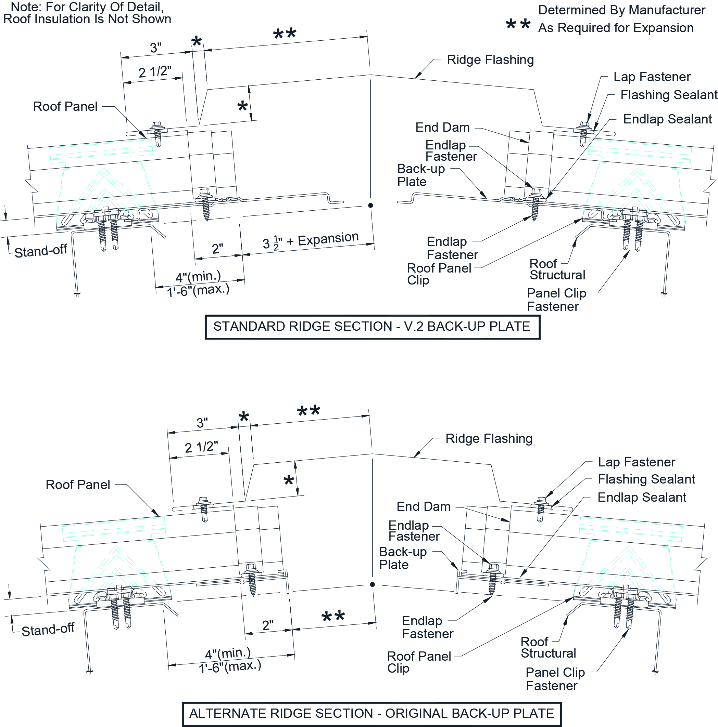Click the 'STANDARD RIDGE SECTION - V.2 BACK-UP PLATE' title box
point(372,327)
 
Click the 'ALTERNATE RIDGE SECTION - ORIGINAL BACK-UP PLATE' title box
point(372,713)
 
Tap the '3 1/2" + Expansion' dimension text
point(311,240)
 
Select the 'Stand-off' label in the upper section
point(41,251)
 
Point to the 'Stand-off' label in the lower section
point(48,630)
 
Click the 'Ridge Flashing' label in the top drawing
point(490,60)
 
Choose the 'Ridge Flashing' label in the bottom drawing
point(489,439)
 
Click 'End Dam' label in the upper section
point(442,128)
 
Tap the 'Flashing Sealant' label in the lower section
point(646,479)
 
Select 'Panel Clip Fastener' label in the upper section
point(556,300)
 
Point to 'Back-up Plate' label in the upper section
point(421,175)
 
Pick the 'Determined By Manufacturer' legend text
point(621,10)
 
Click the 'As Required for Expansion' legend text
point(616,28)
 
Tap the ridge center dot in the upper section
point(371,205)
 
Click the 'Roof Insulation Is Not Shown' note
point(87,19)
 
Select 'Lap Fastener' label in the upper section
point(652,77)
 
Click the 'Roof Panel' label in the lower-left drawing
point(78,485)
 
